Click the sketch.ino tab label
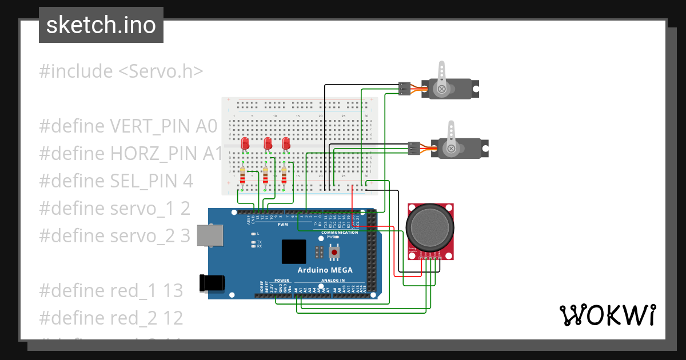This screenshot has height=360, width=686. [101, 25]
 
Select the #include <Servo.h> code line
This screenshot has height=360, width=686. [121, 71]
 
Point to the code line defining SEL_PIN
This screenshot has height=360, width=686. [116, 181]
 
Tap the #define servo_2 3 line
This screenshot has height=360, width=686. [114, 235]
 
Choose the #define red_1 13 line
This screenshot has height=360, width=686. [111, 290]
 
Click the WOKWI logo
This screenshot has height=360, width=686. [607, 315]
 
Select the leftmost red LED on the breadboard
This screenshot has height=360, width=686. [245, 143]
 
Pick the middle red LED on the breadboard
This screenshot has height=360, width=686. [267, 143]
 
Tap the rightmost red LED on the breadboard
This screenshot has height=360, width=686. [286, 143]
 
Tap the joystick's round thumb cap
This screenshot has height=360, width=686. [431, 227]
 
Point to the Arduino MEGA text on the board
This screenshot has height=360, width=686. [325, 270]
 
